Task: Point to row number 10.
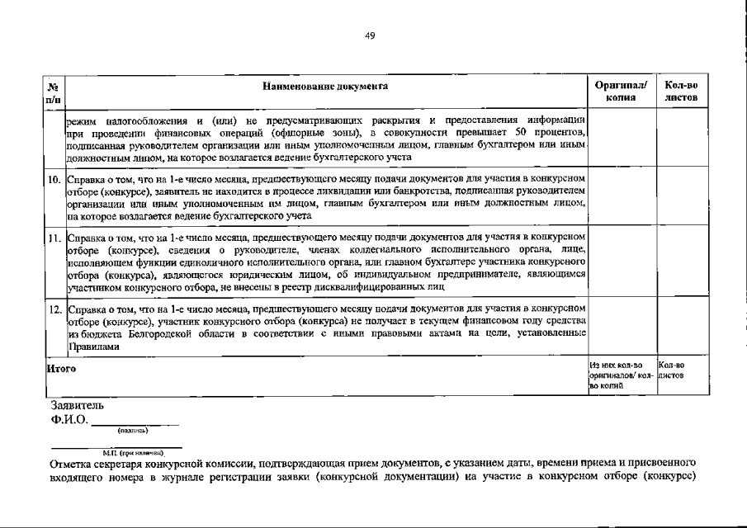click(53, 177)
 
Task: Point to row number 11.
click(53, 237)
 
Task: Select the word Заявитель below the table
click(78, 406)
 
